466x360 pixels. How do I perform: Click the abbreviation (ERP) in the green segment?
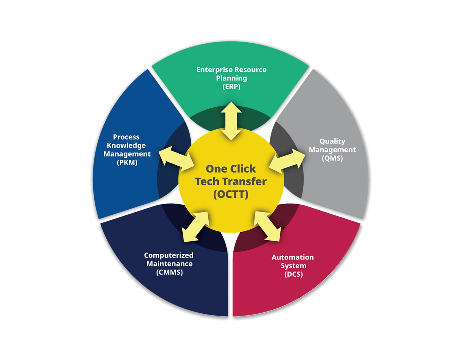(232, 87)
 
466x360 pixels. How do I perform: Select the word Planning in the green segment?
(232, 78)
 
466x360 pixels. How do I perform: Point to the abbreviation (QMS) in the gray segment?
(332, 158)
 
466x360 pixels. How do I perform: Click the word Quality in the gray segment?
(332, 141)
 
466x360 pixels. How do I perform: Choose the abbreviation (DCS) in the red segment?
(293, 274)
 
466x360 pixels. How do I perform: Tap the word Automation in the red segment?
(293, 257)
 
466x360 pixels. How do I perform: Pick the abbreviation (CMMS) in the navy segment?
(169, 272)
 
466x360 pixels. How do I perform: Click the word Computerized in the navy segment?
(169, 256)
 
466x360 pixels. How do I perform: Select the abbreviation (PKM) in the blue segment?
(127, 162)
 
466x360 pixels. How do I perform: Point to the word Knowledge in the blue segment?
(126, 146)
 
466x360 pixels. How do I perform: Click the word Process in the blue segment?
(126, 137)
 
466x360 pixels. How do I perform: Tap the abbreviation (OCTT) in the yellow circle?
(231, 194)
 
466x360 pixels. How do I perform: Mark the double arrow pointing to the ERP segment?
(231, 121)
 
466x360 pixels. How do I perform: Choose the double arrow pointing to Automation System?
(267, 226)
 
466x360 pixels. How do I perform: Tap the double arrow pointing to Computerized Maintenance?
(196, 227)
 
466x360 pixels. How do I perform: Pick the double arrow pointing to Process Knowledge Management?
(177, 159)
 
